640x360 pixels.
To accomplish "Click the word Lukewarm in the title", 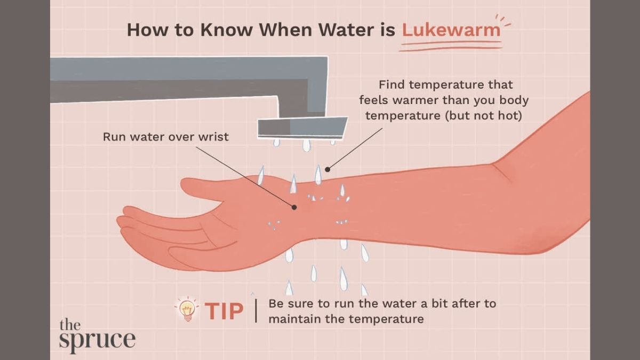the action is click(x=451, y=30).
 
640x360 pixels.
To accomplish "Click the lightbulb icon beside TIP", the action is click(x=187, y=310).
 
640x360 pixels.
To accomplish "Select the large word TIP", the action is click(x=225, y=311).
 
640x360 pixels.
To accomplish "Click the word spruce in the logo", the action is click(x=97, y=341).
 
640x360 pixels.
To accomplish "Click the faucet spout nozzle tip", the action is click(x=302, y=127).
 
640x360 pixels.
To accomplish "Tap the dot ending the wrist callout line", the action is click(x=294, y=207).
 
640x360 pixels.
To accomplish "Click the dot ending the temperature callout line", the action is click(x=327, y=170).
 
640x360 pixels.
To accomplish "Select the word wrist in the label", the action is click(x=214, y=137).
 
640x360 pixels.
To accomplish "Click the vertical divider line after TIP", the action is click(x=255, y=311).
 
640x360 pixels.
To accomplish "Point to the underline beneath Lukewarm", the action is click(x=451, y=46).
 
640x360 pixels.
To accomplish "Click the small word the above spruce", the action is click(x=70, y=325).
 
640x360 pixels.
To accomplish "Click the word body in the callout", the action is click(x=514, y=101).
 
